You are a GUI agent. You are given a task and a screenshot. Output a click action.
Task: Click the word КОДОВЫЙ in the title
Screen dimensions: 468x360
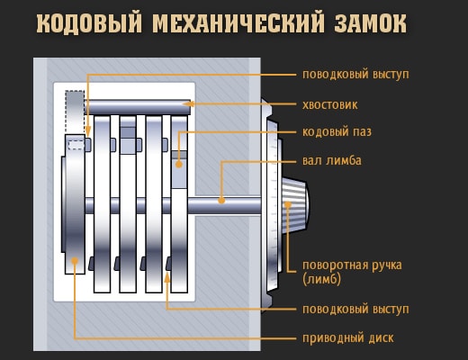point(89,23)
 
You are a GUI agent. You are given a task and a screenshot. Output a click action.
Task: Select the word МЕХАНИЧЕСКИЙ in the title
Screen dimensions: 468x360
point(238,23)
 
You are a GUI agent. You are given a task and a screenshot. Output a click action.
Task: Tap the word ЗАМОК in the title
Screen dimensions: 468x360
point(371,23)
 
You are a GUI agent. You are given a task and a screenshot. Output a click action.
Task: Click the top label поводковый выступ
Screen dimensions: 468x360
point(355,75)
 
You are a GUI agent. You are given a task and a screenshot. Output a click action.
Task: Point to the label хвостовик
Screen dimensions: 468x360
point(330,105)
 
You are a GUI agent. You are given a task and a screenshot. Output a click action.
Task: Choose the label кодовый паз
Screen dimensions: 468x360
point(337,132)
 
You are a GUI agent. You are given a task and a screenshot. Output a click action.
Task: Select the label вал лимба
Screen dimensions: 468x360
point(332,160)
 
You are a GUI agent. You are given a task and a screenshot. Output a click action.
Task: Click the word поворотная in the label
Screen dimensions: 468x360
point(335,266)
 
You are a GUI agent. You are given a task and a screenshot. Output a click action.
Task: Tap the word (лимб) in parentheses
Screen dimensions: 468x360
point(321,279)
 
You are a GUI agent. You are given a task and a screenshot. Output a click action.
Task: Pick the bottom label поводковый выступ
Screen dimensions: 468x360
point(355,310)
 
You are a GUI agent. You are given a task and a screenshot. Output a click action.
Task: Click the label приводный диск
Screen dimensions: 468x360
point(348,338)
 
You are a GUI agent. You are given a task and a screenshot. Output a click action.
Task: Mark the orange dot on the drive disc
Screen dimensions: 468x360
point(75,261)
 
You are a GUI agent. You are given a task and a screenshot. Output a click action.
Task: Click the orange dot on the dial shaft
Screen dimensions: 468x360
point(221,201)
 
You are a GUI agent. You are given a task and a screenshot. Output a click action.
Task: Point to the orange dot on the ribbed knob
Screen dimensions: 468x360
point(288,204)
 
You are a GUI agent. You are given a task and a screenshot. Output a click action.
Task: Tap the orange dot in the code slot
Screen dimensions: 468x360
point(179,164)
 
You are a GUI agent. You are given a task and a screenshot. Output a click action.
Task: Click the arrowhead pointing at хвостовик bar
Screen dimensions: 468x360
point(188,104)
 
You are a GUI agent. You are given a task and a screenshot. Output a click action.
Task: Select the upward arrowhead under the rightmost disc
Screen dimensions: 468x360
point(167,277)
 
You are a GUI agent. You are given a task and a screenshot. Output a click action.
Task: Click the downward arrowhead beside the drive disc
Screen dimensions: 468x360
point(87,131)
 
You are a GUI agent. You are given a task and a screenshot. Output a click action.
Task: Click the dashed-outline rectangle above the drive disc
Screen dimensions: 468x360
point(75,112)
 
